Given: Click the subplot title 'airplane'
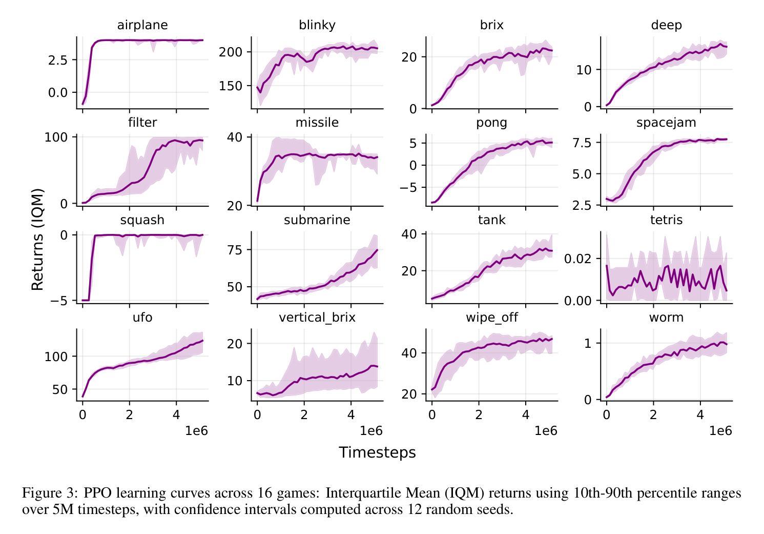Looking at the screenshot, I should [x=142, y=25].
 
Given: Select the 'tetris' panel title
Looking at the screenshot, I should [x=666, y=220].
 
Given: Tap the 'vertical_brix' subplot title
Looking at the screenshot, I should [x=317, y=318].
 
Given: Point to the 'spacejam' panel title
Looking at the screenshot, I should [x=666, y=123].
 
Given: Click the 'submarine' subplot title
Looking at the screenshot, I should [x=317, y=220].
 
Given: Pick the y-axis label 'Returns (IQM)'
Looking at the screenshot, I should [x=37, y=240].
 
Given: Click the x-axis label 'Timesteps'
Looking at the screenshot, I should [x=377, y=452].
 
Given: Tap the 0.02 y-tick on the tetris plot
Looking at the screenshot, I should [x=578, y=259].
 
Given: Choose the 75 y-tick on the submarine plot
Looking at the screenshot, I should [x=235, y=250].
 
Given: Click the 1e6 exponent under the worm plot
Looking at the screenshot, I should [x=720, y=431].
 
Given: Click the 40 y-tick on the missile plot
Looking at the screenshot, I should [x=235, y=137].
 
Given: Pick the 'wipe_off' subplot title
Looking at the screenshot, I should [x=491, y=318].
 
